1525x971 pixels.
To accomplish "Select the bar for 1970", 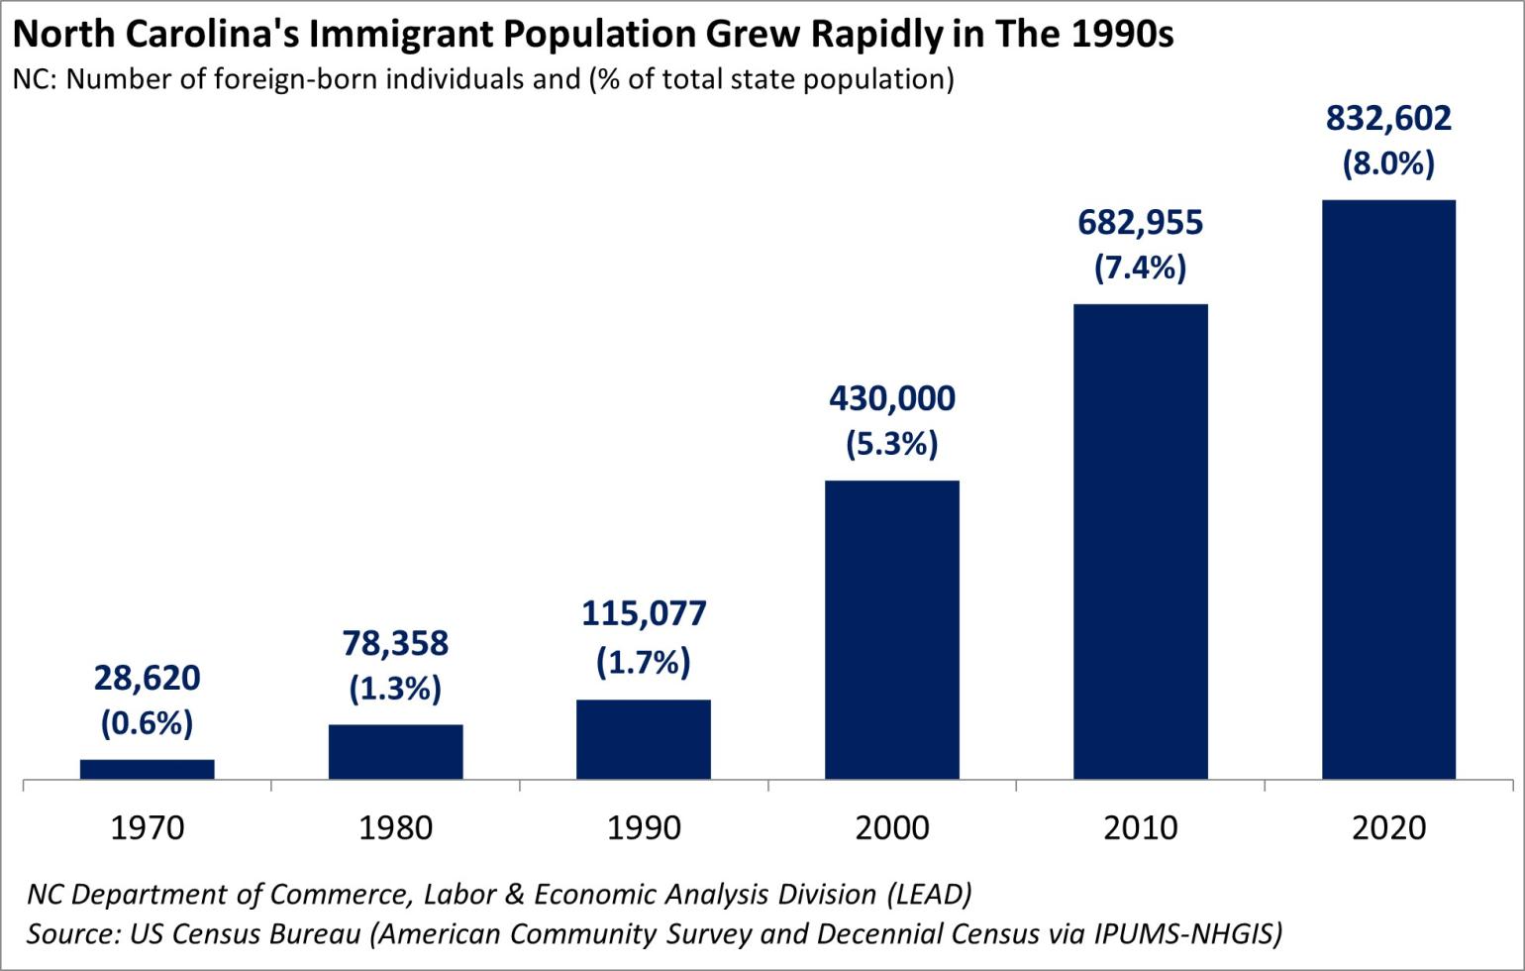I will tap(147, 769).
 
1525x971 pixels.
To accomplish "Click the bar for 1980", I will tap(395, 751).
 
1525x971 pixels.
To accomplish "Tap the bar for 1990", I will tap(644, 739).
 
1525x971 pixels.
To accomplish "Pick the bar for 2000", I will tap(892, 629).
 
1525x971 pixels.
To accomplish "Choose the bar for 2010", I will tap(1141, 541).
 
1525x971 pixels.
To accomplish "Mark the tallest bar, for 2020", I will tap(1388, 489).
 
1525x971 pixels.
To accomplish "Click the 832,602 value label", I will tap(1388, 119).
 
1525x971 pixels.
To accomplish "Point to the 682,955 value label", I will tap(1140, 223).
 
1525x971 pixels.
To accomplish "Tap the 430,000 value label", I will tap(892, 399).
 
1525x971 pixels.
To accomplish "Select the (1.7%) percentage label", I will tap(644, 661).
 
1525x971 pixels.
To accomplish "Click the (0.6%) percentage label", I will tap(147, 723).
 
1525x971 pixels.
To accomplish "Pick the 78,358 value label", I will tap(395, 644).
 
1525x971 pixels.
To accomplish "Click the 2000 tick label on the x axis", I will tap(892, 827).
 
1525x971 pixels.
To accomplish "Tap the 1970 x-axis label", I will tap(147, 827).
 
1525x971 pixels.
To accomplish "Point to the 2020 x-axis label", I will tap(1388, 827).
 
